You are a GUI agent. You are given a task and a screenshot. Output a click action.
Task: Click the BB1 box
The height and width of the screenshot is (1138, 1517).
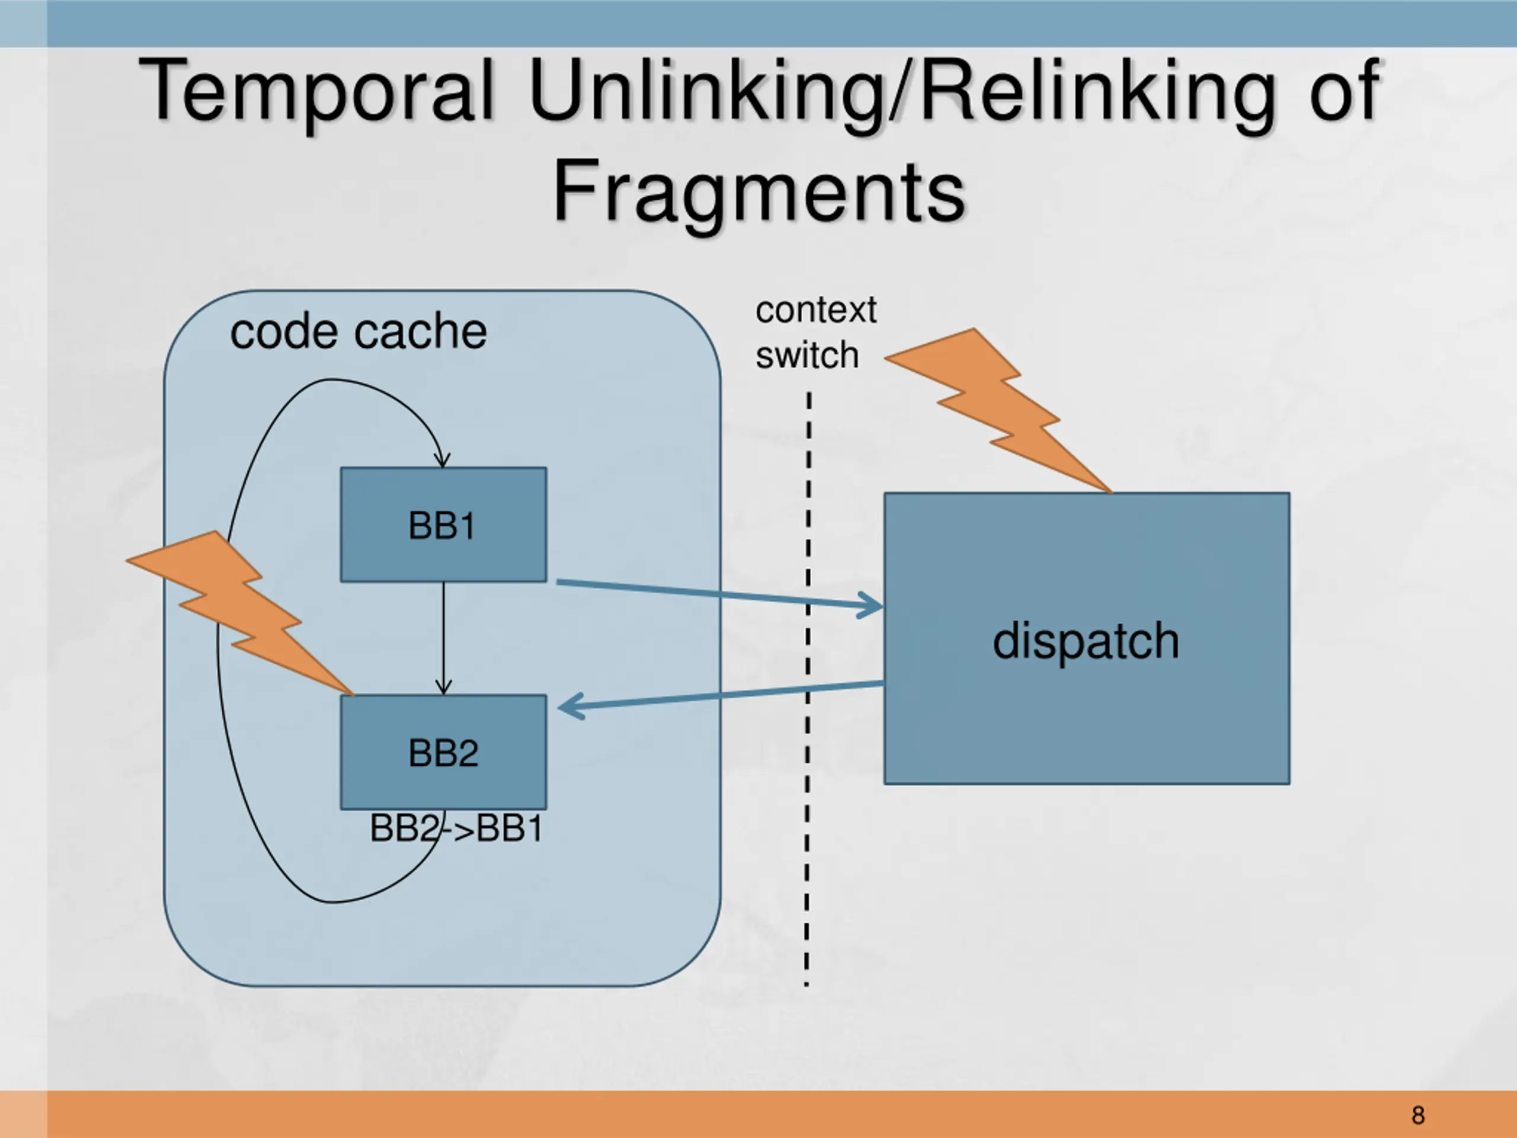click(x=444, y=525)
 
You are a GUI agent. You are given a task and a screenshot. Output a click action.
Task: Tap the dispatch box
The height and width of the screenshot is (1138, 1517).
click(x=1087, y=638)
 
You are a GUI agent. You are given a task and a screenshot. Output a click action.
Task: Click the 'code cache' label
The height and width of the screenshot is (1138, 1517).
click(x=358, y=332)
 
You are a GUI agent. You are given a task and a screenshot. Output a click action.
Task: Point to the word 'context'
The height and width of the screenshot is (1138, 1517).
click(x=816, y=310)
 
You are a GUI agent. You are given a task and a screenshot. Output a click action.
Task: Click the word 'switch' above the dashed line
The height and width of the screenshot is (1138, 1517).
click(x=807, y=355)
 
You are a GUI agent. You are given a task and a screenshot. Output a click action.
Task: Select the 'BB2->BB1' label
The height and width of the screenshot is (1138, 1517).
click(x=456, y=829)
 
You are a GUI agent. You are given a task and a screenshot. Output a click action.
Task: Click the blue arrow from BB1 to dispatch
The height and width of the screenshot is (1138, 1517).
click(x=720, y=594)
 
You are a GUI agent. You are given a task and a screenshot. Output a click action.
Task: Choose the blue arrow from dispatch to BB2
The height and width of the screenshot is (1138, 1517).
click(x=721, y=696)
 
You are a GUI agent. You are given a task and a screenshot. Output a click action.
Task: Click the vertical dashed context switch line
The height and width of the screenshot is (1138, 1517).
click(x=808, y=689)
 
